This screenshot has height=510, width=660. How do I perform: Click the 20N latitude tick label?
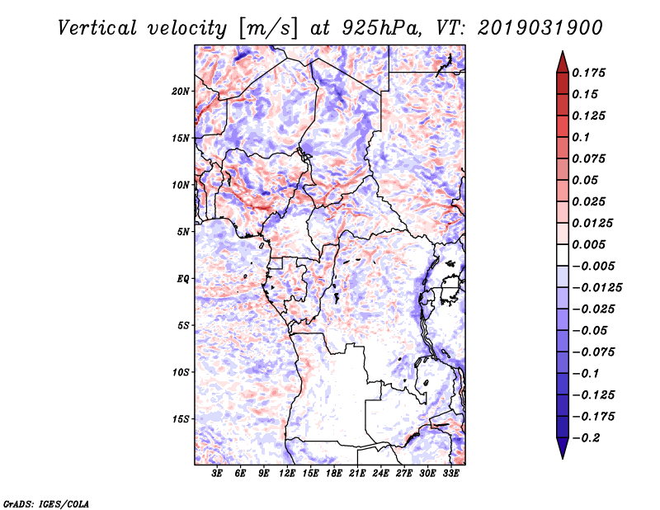[181, 91]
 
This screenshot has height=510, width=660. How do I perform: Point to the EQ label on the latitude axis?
[182, 279]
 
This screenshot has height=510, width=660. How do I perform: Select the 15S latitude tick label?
[181, 419]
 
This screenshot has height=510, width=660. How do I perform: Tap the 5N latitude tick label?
[182, 232]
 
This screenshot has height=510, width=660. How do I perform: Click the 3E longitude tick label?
[218, 474]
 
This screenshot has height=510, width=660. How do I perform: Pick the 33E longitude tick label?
[450, 474]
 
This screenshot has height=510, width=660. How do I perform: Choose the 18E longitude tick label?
[334, 474]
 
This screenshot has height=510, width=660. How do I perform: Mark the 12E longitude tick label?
[287, 474]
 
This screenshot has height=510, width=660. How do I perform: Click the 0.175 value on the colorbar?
[590, 73]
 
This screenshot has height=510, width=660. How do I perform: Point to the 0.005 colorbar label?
[590, 244]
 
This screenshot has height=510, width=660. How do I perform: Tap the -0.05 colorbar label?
[590, 330]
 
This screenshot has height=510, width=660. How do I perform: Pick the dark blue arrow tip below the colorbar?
[562, 451]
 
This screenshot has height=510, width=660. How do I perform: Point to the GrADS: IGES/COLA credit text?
[45, 503]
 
